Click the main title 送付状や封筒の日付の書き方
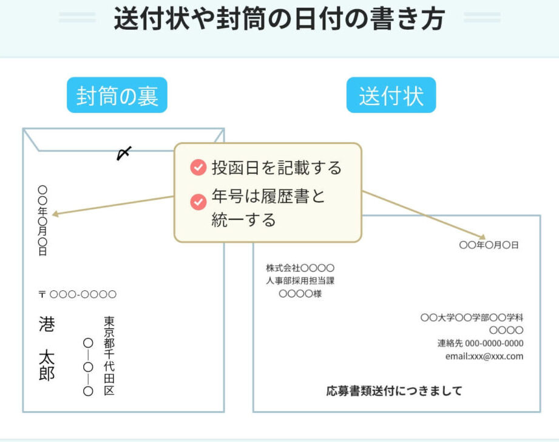coord(279,19)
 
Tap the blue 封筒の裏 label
coord(117,96)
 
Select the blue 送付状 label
coord(391,96)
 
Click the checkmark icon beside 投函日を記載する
coord(198,168)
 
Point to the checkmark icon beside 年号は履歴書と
coord(198,201)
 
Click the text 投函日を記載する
coord(276,168)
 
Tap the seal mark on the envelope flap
coord(124,154)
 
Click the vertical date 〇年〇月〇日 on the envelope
coord(42,220)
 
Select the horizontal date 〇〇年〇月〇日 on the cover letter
coord(489,245)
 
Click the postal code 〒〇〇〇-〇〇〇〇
coord(77,295)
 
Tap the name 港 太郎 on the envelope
coord(47,348)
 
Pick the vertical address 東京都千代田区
coord(109,356)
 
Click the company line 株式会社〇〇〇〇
coord(300,268)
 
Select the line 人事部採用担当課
coord(300,281)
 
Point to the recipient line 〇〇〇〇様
coord(300,294)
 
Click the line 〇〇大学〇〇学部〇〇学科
coord(472,318)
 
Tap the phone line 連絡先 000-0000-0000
coord(480,343)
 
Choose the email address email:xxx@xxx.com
coord(484,356)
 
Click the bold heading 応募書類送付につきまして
coord(395,390)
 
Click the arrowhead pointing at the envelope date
coord(55,214)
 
